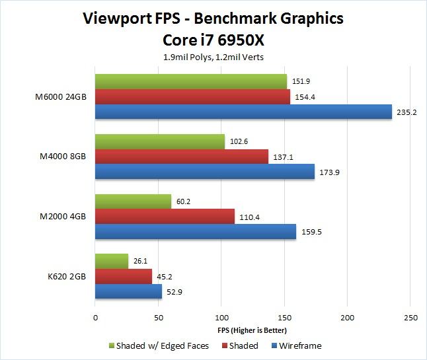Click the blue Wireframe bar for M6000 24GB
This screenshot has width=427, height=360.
tap(243, 112)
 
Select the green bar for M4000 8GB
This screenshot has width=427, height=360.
tap(160, 141)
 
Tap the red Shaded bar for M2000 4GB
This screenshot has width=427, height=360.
tap(165, 216)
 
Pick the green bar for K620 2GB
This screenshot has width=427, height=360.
tap(112, 261)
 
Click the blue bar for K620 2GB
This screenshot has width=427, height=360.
tap(128, 291)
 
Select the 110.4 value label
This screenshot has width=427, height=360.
tap(250, 216)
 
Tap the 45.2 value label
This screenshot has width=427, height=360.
tap(167, 276)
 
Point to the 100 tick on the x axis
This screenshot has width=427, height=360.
tap(221, 318)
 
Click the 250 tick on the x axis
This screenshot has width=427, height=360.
tap(410, 318)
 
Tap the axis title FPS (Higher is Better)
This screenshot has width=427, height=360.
tap(252, 330)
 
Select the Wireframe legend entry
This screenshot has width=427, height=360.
tap(300, 345)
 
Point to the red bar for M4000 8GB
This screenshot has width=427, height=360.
tap(182, 157)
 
